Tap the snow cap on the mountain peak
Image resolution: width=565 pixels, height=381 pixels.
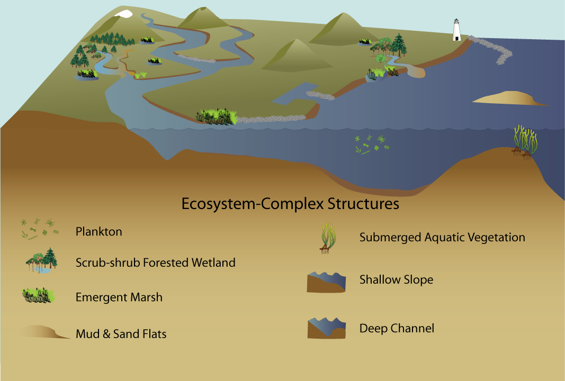click(123, 14)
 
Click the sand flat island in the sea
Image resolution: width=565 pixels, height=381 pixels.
click(509, 98)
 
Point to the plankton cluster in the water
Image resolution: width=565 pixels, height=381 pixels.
click(372, 144)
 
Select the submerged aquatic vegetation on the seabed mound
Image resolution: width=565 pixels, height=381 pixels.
click(525, 142)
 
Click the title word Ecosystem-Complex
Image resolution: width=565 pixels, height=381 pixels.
click(253, 203)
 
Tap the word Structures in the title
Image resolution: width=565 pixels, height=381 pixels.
click(363, 203)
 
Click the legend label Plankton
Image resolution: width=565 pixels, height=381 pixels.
click(98, 231)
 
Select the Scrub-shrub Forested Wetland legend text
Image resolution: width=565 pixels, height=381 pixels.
click(155, 262)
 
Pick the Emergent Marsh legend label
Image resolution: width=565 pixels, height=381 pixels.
click(119, 297)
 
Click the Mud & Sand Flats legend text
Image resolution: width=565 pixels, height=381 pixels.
click(121, 334)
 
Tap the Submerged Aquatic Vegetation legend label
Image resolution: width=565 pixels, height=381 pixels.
click(442, 237)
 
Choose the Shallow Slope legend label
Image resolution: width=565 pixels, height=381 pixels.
click(397, 279)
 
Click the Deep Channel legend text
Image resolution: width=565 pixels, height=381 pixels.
click(397, 328)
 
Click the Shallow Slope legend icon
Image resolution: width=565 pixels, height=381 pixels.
click(326, 282)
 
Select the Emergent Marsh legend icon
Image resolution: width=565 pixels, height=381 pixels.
click(39, 295)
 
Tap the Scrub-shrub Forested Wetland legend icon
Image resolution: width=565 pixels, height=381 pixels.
click(42, 260)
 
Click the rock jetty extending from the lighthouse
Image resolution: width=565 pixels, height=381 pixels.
click(492, 49)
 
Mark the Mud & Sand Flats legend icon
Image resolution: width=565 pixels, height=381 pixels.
click(43, 332)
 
